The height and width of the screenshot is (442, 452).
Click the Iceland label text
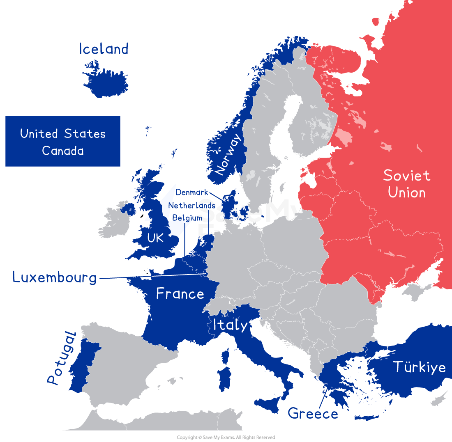[104, 49]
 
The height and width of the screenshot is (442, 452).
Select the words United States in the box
[63, 134]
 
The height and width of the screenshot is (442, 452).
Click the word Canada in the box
[63, 151]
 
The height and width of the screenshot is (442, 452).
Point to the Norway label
[228, 155]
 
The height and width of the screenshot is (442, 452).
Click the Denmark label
[192, 192]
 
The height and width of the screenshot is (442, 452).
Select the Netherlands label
[191, 205]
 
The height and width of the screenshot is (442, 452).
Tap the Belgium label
[187, 218]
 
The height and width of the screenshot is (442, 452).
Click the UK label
[155, 238]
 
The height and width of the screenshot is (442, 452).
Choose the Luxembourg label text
[55, 277]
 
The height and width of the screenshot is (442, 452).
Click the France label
[180, 294]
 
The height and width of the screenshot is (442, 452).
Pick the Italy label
[230, 325]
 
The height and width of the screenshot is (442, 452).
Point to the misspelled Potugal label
[61, 358]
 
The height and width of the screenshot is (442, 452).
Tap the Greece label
[313, 413]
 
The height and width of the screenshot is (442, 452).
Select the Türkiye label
[420, 366]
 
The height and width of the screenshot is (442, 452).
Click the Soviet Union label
[407, 184]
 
